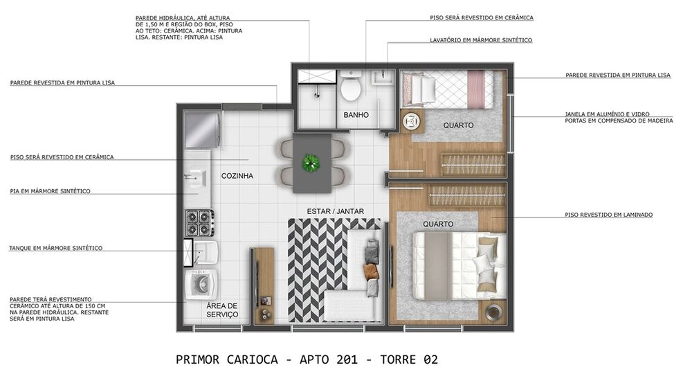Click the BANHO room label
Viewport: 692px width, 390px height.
coord(356,115)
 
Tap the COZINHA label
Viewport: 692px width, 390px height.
coord(237,176)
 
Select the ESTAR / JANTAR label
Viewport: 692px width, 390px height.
coord(336,211)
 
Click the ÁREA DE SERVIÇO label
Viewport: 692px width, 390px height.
coord(222,310)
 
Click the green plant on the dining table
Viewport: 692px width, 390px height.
coord(311,163)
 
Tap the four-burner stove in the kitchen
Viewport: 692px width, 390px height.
coord(199,222)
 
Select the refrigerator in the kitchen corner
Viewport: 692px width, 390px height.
coord(202,130)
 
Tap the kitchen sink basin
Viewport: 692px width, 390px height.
coord(196,177)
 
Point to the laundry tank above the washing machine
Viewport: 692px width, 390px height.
coord(203,253)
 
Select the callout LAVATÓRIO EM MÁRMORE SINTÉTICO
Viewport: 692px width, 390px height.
coord(480,40)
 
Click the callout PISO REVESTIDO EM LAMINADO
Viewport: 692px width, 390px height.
coord(608,215)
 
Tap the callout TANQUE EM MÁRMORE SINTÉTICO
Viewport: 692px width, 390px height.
coord(55,248)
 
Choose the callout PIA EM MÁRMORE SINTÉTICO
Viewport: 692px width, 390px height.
coord(50,191)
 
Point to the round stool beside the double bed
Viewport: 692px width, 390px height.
coord(494,312)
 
